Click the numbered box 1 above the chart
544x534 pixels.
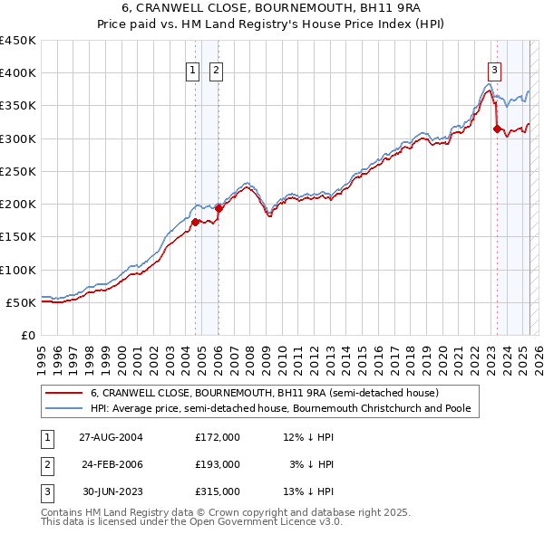click(194, 73)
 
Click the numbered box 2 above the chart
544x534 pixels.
click(218, 73)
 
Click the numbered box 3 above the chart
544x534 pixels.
click(494, 73)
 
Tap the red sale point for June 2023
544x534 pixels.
click(497, 129)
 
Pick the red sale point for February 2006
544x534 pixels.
click(219, 208)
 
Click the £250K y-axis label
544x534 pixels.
click(18, 171)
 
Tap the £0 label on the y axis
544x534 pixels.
click(28, 335)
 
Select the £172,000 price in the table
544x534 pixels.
click(218, 436)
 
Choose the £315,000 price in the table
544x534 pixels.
click(218, 492)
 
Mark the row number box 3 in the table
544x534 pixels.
click(45, 492)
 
